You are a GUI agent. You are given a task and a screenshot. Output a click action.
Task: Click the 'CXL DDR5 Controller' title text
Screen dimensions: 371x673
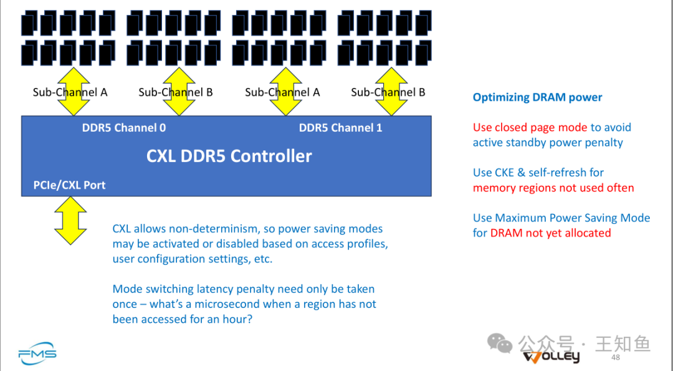click(x=229, y=155)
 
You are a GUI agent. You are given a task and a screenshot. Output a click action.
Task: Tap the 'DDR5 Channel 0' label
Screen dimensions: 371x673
click(x=124, y=128)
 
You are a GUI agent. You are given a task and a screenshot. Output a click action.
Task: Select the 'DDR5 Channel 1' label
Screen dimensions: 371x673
click(x=340, y=128)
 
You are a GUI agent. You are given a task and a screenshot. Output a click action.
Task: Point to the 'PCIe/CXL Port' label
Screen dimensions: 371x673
click(x=69, y=185)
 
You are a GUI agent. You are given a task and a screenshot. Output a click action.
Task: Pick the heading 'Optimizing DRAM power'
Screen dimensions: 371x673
click(x=537, y=97)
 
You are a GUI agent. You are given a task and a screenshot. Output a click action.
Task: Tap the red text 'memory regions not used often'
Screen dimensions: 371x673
click(x=553, y=188)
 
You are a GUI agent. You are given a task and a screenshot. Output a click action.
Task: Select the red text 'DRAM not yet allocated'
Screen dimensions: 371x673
click(x=550, y=233)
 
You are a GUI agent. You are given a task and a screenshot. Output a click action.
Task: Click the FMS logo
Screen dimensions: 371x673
click(x=37, y=354)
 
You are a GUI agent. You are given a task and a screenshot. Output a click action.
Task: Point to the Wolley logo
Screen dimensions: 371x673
click(x=551, y=357)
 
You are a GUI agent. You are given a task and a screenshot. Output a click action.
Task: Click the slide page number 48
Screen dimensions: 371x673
click(x=616, y=358)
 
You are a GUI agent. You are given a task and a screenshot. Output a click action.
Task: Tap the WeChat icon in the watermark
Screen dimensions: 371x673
click(x=500, y=342)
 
